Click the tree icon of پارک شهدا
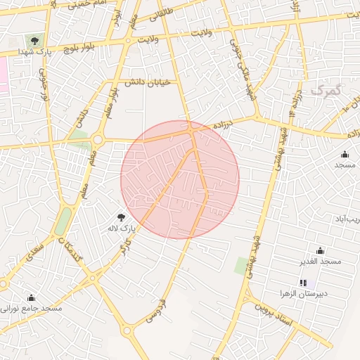(x=32, y=41)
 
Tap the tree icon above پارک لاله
(x=121, y=217)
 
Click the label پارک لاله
(x=121, y=229)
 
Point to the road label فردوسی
(x=156, y=310)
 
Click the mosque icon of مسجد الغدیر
(x=320, y=250)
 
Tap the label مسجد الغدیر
(x=320, y=262)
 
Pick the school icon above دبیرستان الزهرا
(x=303, y=283)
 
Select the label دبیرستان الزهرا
(x=304, y=293)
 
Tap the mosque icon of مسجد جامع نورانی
(x=30, y=297)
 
